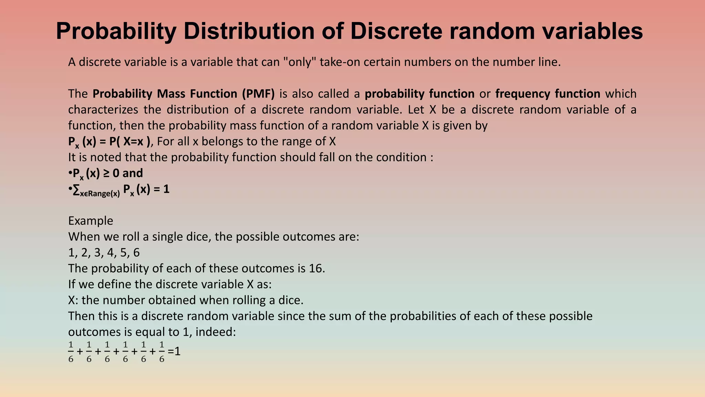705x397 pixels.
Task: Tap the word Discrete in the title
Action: tap(396, 31)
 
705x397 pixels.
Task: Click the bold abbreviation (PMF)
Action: tap(258, 94)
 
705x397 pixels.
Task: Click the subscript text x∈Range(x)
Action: tap(100, 193)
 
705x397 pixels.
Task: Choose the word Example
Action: tap(91, 221)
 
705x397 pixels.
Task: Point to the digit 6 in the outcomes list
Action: tap(136, 253)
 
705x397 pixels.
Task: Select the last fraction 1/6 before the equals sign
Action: tap(161, 352)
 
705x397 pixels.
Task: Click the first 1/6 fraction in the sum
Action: tap(71, 352)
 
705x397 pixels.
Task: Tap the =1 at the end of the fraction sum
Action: tap(174, 352)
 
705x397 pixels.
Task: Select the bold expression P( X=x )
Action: tap(130, 141)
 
